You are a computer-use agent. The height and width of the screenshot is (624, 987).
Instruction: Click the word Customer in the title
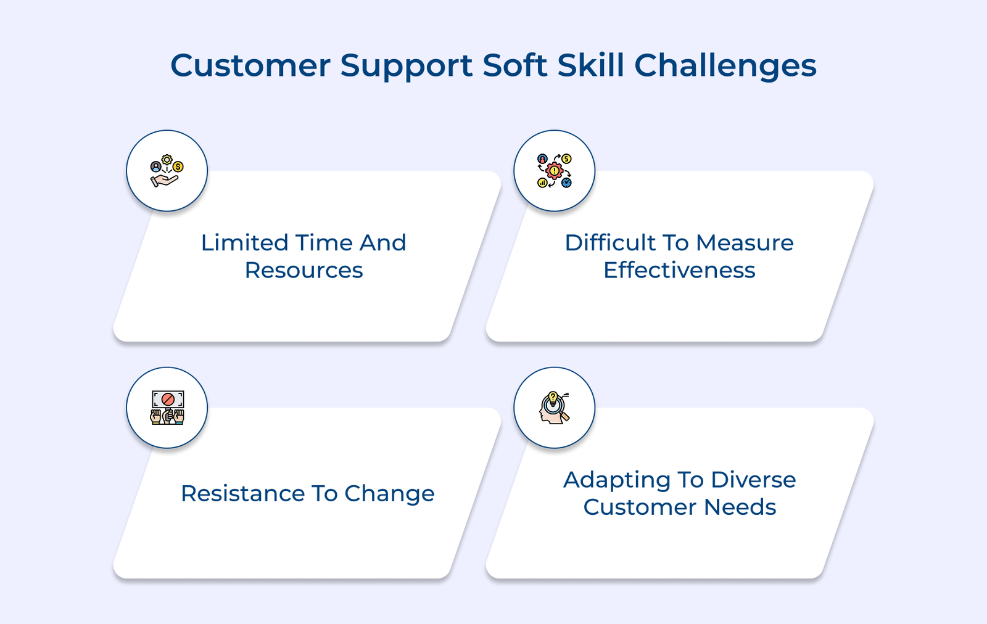(x=250, y=65)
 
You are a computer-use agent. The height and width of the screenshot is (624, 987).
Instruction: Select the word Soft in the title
(x=514, y=65)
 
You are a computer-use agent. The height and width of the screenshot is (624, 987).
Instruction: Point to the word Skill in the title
(x=591, y=65)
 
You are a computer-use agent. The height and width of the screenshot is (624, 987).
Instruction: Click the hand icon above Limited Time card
(x=167, y=171)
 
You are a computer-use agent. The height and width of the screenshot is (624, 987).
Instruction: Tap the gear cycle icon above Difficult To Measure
(x=554, y=171)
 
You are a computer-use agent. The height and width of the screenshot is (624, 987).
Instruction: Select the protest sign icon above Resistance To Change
(x=167, y=408)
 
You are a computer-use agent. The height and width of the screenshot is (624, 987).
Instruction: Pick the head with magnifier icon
(x=554, y=408)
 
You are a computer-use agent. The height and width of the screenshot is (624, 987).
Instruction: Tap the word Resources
(x=304, y=271)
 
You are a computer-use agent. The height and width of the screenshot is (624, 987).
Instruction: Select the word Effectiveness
(x=679, y=271)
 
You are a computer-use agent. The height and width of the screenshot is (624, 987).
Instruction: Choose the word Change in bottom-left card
(x=389, y=494)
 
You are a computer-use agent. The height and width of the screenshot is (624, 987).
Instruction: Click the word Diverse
(x=753, y=480)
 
